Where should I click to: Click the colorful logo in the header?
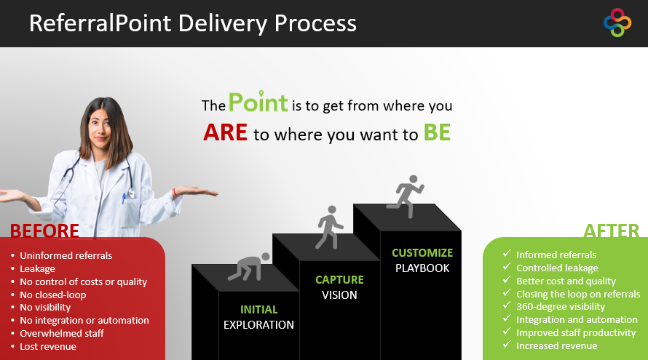click(x=617, y=23)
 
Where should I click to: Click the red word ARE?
click(x=225, y=132)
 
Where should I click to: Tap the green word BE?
click(x=437, y=132)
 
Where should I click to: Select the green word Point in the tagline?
click(x=258, y=102)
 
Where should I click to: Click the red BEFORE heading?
click(x=44, y=231)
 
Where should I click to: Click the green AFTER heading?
click(x=611, y=231)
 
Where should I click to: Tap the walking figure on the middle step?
click(x=329, y=227)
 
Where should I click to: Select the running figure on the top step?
click(x=406, y=196)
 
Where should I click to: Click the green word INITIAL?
click(x=258, y=310)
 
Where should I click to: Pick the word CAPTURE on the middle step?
click(x=339, y=280)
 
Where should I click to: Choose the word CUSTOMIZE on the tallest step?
click(x=422, y=253)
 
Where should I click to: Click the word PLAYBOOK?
click(x=422, y=268)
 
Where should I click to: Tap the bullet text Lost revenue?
click(x=48, y=347)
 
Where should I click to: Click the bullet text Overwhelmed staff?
click(x=62, y=334)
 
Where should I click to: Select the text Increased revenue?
click(x=557, y=346)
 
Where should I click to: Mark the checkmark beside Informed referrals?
click(x=507, y=254)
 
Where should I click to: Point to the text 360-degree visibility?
click(x=561, y=307)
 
